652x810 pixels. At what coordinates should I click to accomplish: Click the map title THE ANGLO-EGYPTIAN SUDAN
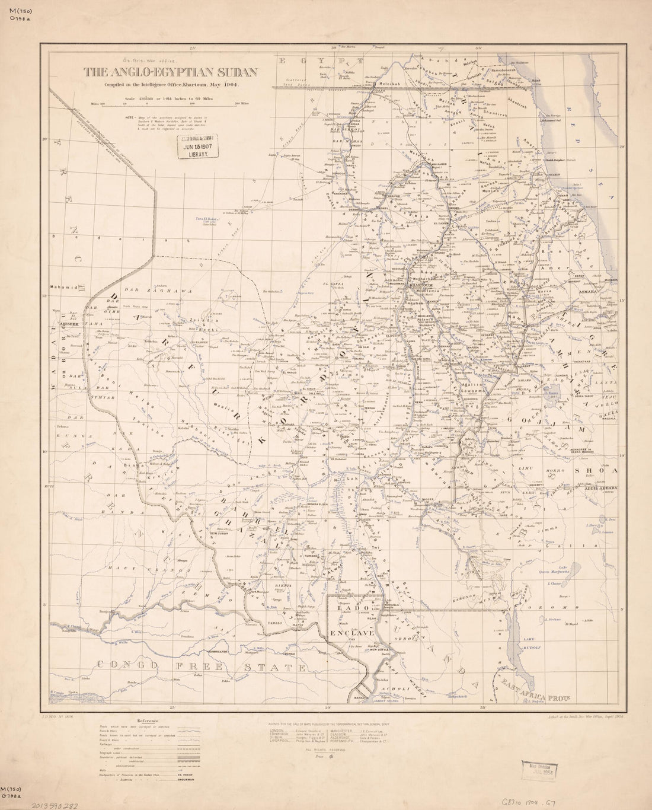[x=170, y=73]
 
